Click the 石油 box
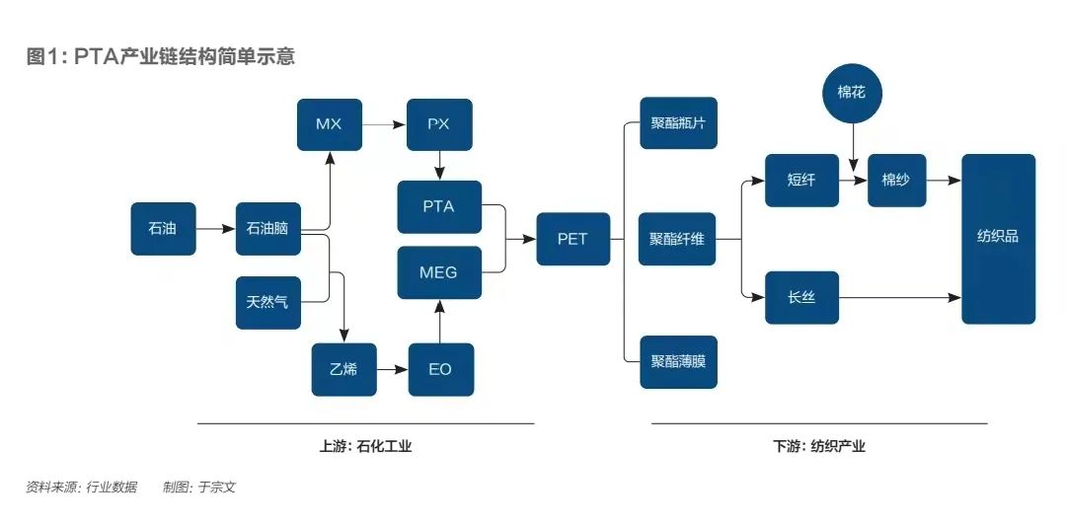(163, 228)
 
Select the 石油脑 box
(267, 228)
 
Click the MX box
(329, 124)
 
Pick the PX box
(440, 124)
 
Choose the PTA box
(439, 206)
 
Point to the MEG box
(439, 272)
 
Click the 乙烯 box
(343, 369)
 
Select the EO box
(440, 369)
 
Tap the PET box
(572, 239)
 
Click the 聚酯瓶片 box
(678, 123)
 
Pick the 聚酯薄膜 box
(678, 361)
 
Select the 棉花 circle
(852, 95)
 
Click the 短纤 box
(801, 181)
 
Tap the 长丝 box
(801, 297)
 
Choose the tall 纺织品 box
(998, 238)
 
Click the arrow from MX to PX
(384, 124)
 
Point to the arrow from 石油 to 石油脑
(214, 228)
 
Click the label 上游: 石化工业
(365, 446)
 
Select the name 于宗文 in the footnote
(217, 487)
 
